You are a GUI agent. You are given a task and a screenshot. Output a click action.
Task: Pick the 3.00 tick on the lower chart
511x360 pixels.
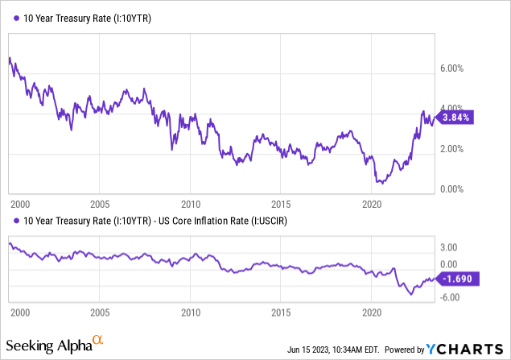point(447,247)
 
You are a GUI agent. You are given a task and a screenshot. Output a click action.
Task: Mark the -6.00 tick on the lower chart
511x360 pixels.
point(447,296)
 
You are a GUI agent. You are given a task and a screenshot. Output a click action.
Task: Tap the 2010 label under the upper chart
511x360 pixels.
point(190,204)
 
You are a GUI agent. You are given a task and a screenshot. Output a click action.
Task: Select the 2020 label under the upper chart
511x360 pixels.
point(372,204)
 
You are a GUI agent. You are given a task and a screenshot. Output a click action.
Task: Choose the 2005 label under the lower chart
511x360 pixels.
point(99,311)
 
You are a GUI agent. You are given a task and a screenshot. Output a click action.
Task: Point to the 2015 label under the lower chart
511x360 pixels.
point(281,311)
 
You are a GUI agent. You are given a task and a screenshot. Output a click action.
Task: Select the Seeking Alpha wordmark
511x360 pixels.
point(50,346)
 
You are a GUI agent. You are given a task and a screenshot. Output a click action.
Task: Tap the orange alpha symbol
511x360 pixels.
point(97,341)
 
